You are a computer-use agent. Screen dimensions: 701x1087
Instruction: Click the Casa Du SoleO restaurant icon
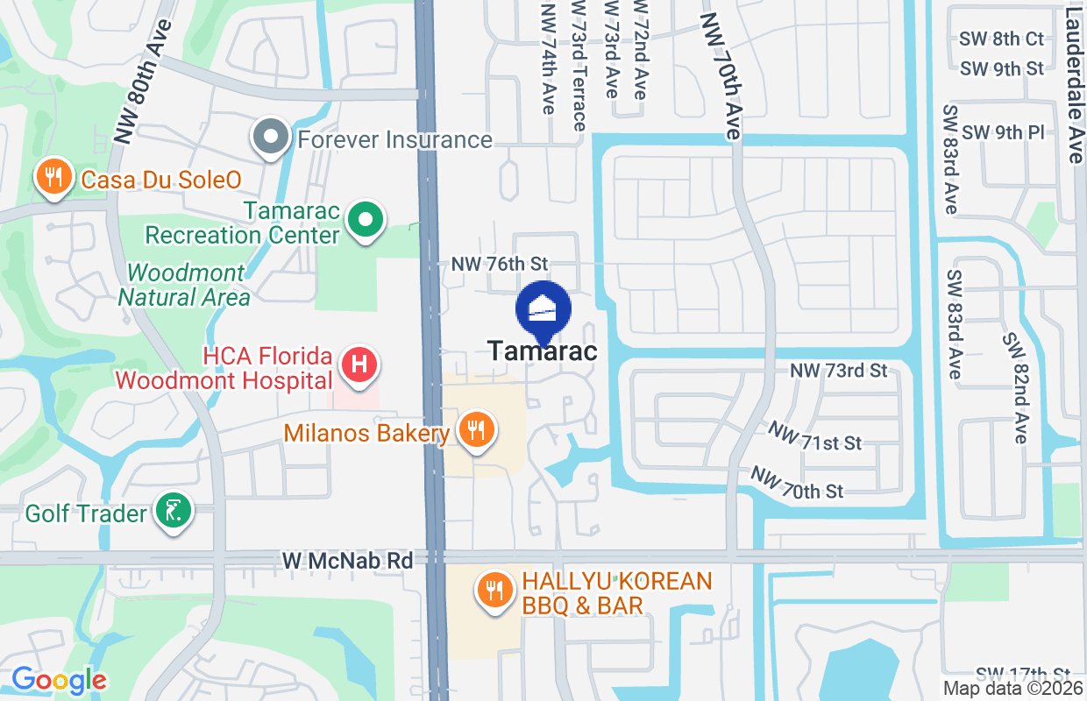[54, 178]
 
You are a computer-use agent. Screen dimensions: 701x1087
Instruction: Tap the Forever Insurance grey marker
[271, 138]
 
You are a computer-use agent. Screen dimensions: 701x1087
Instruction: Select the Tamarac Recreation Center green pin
[366, 221]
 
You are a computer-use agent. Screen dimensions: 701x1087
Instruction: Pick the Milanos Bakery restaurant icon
[476, 430]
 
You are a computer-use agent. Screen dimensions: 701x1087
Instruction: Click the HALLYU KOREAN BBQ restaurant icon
[495, 590]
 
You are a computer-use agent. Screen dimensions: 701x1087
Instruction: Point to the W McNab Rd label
[347, 560]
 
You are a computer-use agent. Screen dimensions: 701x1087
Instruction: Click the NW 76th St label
[499, 263]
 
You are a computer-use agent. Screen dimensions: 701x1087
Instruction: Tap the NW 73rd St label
[839, 371]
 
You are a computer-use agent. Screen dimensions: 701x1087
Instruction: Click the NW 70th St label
[797, 482]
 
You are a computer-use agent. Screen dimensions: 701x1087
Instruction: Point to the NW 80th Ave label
[139, 81]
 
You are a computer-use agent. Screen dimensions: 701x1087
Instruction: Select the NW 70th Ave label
[721, 76]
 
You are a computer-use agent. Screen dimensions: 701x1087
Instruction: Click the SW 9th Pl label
[1004, 132]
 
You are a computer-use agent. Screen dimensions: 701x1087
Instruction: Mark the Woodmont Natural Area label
[184, 285]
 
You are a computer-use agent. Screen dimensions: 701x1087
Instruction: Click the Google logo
[60, 680]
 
